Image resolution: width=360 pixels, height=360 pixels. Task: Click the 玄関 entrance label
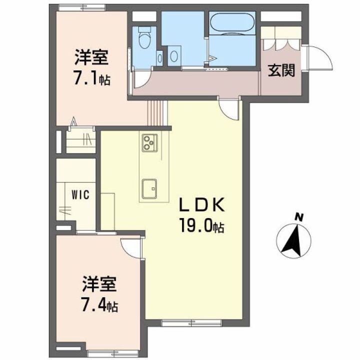tap(280, 71)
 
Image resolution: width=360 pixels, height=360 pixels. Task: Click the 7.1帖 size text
tap(92, 79)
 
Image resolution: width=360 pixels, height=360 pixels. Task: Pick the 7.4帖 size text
tap(99, 305)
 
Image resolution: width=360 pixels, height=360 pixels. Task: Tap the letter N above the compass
tap(299, 216)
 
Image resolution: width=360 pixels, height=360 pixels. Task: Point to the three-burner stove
tap(149, 143)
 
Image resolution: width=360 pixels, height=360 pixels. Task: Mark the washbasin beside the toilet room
tap(174, 54)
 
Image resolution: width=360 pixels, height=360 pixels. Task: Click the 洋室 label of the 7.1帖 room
tap(91, 57)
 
